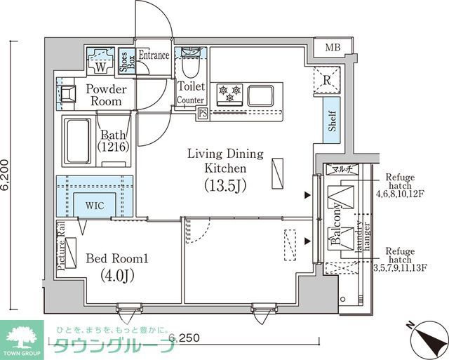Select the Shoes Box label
123,62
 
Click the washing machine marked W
100,59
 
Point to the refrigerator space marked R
326,79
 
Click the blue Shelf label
332,121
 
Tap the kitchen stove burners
229,93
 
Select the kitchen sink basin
261,93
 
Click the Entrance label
153,55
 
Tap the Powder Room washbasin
69,93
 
